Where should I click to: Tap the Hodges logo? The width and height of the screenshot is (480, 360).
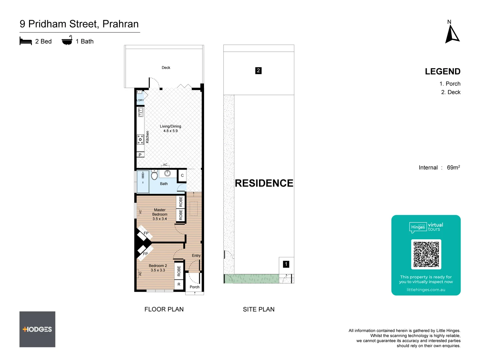(37, 329)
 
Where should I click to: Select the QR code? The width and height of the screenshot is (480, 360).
(426, 254)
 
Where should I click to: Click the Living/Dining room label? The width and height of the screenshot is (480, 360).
(170, 128)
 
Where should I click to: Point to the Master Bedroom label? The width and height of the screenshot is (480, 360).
(160, 214)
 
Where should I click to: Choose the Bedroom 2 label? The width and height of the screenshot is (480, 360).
(158, 268)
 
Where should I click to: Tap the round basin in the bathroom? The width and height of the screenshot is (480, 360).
(167, 173)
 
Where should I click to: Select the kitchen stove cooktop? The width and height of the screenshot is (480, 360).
(140, 139)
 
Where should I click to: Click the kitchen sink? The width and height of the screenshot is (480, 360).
(141, 112)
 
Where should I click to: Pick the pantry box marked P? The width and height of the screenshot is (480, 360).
(140, 155)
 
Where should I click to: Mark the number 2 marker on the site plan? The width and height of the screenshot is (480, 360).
(258, 71)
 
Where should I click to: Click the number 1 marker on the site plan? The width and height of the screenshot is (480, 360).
(286, 264)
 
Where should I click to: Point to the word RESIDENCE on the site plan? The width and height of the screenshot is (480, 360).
(264, 183)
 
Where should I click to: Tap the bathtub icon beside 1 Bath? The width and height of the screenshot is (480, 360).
(67, 41)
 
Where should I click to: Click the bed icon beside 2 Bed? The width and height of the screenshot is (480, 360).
(26, 41)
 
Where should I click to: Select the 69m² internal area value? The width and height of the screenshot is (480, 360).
(453, 167)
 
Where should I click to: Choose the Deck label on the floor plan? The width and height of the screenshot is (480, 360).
(166, 68)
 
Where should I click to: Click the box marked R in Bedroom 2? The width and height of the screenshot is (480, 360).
(179, 284)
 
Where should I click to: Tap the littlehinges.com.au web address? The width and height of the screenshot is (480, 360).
(426, 290)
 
